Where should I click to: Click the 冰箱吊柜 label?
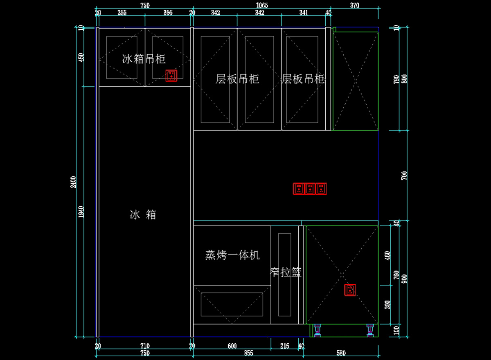tap(144, 59)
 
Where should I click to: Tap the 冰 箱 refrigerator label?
tap(143, 214)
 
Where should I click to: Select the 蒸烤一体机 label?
tap(232, 255)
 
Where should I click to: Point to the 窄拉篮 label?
tap(286, 272)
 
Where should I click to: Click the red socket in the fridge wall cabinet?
tap(171, 75)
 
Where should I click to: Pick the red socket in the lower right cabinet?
tap(350, 290)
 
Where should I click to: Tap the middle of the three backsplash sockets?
tap(310, 188)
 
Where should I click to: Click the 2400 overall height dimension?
tap(73, 182)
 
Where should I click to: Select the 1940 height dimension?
tap(81, 212)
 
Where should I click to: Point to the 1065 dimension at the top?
tap(261, 5)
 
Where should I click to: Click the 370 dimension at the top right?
tap(354, 5)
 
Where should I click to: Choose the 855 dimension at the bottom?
tap(248, 353)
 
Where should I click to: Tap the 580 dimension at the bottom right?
tap(341, 353)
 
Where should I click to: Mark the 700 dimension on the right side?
tap(405, 176)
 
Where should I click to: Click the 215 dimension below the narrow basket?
tap(285, 346)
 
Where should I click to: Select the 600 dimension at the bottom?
tap(232, 346)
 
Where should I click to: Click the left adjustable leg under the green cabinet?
tap(318, 330)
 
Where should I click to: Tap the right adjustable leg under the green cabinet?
tap(371, 330)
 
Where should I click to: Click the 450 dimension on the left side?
tap(81, 57)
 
